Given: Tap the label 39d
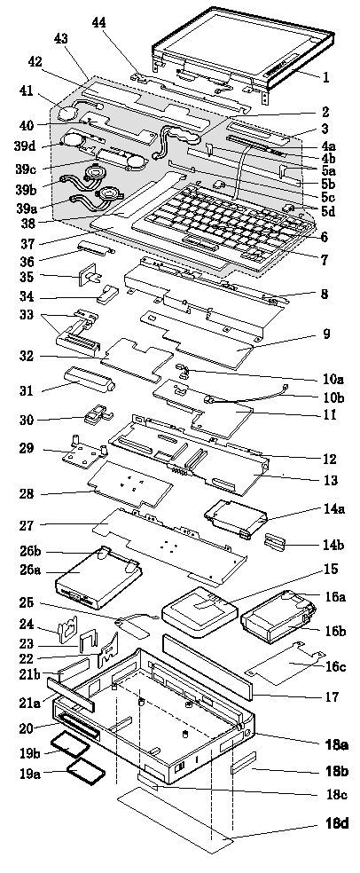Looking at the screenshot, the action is click(25, 145).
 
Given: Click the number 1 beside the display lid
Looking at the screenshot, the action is click(326, 77).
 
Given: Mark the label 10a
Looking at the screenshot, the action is click(333, 379).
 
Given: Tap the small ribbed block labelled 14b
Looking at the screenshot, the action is click(276, 542).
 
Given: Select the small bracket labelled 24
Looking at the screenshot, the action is click(67, 627).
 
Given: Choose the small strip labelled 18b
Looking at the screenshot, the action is click(243, 761).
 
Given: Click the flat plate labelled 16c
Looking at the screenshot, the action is click(285, 662).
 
